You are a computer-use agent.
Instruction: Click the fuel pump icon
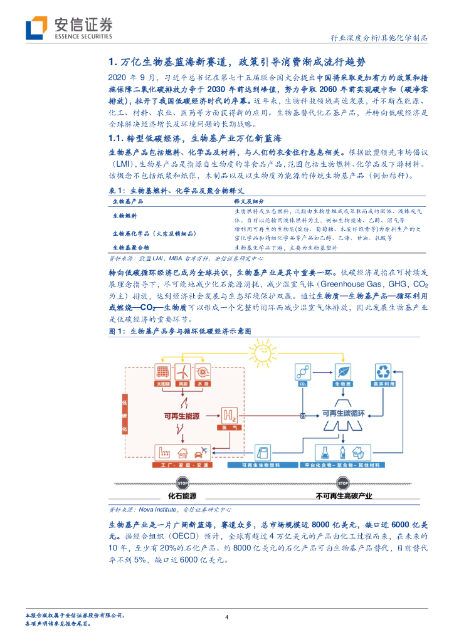tap(263, 453)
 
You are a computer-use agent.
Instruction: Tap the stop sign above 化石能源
tap(183, 483)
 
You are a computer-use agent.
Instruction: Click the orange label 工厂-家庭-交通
tap(182, 466)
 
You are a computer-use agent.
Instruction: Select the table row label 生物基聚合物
tap(130, 248)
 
